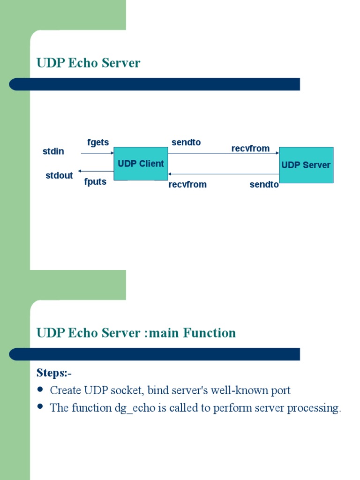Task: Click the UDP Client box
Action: (141, 163)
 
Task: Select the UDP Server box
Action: (306, 165)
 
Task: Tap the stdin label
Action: (53, 151)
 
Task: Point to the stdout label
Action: (59, 175)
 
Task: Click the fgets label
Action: (98, 142)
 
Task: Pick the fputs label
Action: (95, 182)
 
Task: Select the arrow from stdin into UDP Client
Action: (97, 153)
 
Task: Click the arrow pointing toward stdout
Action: (96, 171)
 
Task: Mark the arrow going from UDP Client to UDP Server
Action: (223, 153)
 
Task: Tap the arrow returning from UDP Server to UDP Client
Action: (223, 174)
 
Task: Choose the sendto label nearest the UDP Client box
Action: (186, 142)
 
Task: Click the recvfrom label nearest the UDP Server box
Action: (250, 149)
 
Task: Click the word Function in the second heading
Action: (210, 333)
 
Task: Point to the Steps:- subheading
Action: (54, 373)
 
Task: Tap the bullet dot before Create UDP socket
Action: (40, 390)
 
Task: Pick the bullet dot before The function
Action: (40, 407)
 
